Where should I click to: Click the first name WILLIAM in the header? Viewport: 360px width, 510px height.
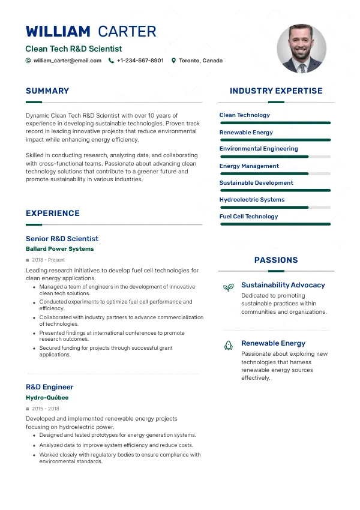coord(58,32)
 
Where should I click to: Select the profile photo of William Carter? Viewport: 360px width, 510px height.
coord(301,49)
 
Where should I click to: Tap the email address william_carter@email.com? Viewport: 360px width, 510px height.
coord(67,61)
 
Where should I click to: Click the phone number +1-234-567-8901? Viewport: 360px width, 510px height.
coord(140,61)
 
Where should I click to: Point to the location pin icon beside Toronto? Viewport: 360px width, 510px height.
coord(173,61)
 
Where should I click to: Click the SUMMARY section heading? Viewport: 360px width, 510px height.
coord(47,91)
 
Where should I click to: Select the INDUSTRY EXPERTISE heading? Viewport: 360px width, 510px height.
coord(276,91)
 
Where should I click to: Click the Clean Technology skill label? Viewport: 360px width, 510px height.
coord(245,115)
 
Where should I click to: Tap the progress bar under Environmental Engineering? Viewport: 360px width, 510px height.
coord(275,157)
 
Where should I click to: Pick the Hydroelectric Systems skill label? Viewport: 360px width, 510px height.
coord(252,200)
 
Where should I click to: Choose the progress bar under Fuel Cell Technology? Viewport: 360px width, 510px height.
coord(275,224)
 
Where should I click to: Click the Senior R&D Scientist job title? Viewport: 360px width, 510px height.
coord(62,239)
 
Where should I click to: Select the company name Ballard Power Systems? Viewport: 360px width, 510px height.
coord(60,249)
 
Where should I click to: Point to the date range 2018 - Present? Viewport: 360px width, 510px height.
coord(48,260)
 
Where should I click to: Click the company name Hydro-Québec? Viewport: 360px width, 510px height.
coord(47,398)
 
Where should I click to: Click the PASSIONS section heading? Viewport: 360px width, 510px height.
coord(276,260)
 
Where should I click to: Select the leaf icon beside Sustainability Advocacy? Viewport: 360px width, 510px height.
coord(228,287)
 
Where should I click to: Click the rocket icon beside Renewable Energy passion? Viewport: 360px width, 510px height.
coord(228,345)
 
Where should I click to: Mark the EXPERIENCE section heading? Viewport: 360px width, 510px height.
coord(53,214)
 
